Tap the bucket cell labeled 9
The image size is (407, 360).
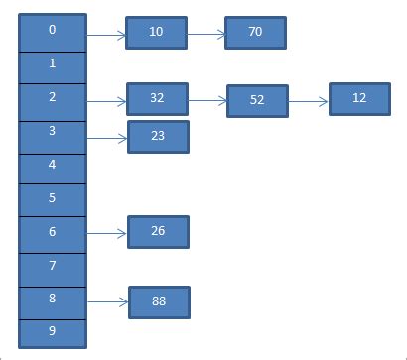point(52,331)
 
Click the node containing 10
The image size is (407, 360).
point(157,33)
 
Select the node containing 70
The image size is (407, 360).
point(255,33)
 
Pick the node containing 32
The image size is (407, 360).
point(157,99)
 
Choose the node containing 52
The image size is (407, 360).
point(257,101)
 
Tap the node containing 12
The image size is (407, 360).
point(359,99)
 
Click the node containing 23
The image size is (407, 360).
point(158,137)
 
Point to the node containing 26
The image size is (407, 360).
point(158,232)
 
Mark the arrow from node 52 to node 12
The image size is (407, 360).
point(309,100)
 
